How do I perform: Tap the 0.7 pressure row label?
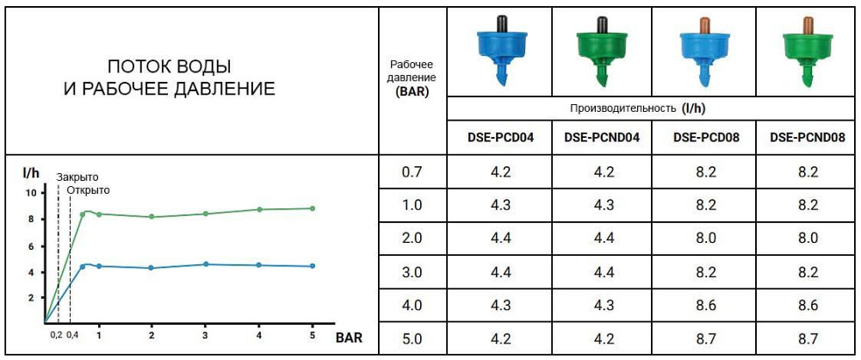[x=412, y=171]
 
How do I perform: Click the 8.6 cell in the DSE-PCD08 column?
[x=705, y=304]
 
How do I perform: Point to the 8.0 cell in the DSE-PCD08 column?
[x=705, y=238]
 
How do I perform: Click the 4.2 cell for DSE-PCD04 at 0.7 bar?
[x=499, y=171]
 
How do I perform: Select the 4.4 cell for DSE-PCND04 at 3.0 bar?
[x=602, y=271]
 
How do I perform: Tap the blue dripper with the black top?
[x=499, y=50]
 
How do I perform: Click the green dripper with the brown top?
[x=807, y=50]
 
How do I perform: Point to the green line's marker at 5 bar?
[x=313, y=208]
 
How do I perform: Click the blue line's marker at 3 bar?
[x=206, y=264]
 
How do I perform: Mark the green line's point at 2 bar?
[x=152, y=216]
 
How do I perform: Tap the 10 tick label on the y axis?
[x=31, y=193]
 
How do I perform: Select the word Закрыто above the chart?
[x=77, y=177]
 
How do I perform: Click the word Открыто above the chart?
[x=89, y=189]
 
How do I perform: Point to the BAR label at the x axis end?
[x=348, y=338]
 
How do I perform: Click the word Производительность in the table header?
[x=623, y=109]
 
